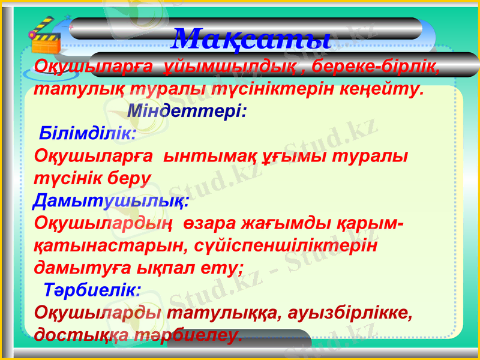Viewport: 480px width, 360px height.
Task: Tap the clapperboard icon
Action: coord(46,37)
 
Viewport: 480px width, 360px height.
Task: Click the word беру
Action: coord(128,178)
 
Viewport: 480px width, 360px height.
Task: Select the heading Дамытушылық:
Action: coord(112,200)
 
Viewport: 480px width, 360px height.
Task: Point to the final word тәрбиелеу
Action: coord(194,335)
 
